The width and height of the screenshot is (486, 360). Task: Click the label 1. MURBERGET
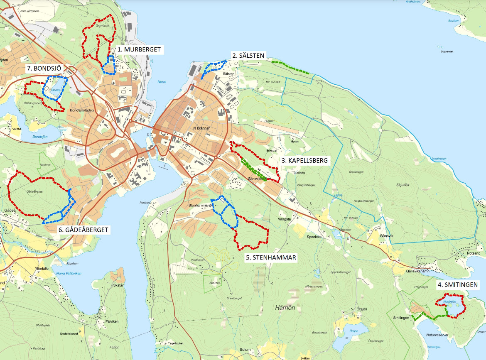pyautogui.click(x=138, y=49)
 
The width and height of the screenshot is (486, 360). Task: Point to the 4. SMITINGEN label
pyautogui.click(x=457, y=285)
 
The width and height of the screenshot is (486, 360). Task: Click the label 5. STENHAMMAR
pyautogui.click(x=271, y=257)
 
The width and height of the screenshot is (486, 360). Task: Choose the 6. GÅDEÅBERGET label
pyautogui.click(x=83, y=230)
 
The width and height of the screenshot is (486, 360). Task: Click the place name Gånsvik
pyautogui.click(x=386, y=235)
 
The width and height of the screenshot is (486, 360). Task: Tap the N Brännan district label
pyautogui.click(x=202, y=128)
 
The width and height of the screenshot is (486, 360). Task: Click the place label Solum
pyautogui.click(x=245, y=350)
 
